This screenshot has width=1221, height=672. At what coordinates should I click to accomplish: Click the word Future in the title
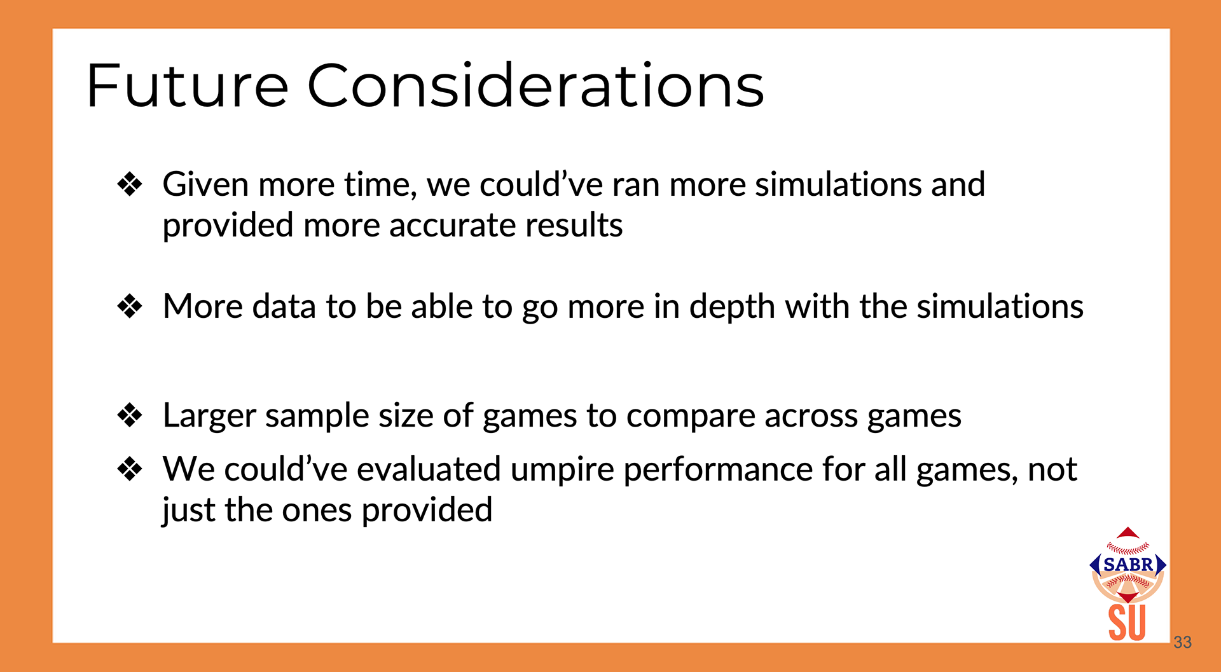[x=188, y=85]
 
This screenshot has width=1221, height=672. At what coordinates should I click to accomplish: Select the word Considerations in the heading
[x=536, y=85]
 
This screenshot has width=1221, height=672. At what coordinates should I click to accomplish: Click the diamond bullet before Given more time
[x=130, y=184]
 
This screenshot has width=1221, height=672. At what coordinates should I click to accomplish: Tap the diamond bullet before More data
[x=130, y=306]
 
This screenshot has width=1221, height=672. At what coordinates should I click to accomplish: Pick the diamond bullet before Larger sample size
[x=130, y=416]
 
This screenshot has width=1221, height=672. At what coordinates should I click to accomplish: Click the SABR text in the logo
[x=1128, y=565]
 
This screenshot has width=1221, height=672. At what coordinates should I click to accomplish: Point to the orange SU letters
[x=1128, y=623]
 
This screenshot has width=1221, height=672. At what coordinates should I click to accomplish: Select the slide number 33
[x=1183, y=642]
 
